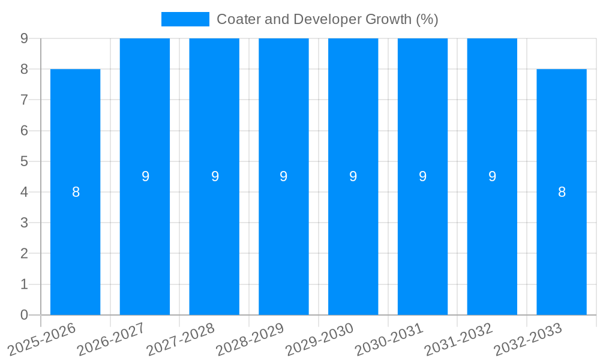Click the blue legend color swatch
tap(185, 19)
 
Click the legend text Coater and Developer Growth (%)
tap(327, 19)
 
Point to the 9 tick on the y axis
tap(25, 38)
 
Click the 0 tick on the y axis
tap(25, 315)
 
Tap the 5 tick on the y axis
tap(25, 161)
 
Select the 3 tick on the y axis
tap(25, 223)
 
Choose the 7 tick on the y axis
tap(25, 100)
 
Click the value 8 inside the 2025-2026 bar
tap(76, 192)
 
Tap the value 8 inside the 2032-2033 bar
tap(562, 192)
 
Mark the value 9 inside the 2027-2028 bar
tap(215, 176)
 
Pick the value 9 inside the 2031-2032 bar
tap(492, 176)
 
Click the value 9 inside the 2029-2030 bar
tap(353, 176)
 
